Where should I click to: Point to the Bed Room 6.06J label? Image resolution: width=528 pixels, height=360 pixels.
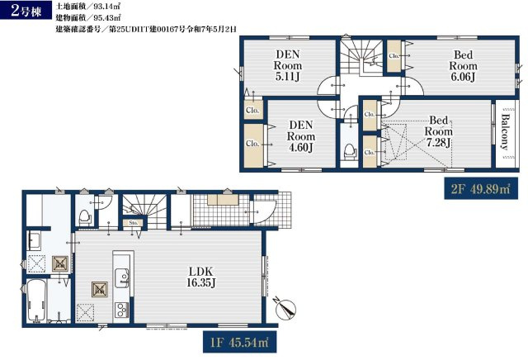463,65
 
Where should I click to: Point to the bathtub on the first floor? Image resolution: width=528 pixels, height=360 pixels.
37,301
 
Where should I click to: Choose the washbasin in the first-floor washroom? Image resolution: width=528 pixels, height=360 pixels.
35,241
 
